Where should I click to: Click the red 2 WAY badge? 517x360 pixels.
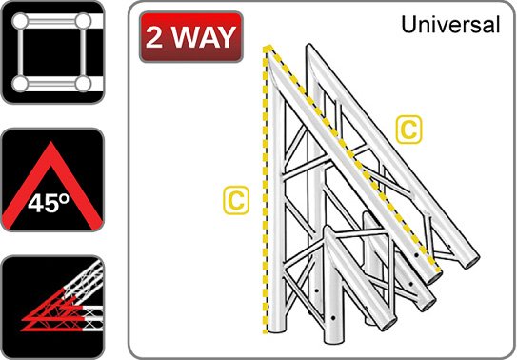191,37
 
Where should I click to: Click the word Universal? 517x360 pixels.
450,25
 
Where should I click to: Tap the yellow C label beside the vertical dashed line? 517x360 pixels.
236,200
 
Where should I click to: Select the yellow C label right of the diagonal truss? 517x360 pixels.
408,130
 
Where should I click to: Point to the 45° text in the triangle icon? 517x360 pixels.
49,203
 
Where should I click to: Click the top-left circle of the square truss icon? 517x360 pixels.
20,21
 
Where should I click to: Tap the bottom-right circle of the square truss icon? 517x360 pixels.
83,84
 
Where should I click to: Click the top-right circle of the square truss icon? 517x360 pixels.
83,21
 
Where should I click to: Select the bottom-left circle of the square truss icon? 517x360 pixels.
20,84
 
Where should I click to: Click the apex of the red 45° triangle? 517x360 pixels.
50,143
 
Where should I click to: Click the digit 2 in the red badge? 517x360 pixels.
154,37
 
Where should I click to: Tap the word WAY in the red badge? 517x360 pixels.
202,37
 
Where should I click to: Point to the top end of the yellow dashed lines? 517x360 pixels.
268,48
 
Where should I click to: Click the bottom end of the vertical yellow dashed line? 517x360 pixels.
265,331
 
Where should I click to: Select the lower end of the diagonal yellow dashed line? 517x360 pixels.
438,270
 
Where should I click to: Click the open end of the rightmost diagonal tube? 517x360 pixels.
471,262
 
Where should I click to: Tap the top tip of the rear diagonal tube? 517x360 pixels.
308,46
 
